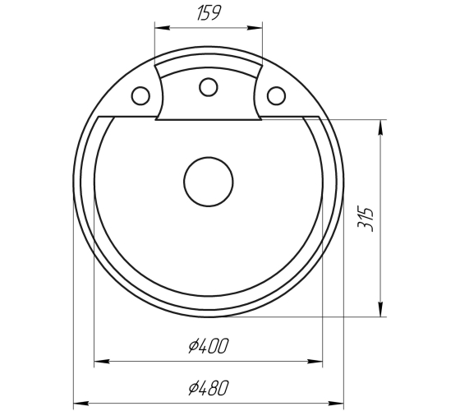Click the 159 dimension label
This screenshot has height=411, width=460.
click(208, 13)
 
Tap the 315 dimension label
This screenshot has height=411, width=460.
click(366, 219)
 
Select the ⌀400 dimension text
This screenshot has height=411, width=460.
click(208, 346)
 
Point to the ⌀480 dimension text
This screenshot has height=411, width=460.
click(208, 388)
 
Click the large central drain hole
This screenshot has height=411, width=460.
click(209, 182)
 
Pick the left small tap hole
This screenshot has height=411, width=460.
click(140, 95)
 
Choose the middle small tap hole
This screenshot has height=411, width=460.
click(209, 87)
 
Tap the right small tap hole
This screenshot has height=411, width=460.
click(276, 95)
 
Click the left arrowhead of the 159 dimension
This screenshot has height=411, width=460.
click(163, 28)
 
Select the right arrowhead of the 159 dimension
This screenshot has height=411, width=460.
click(255, 28)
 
